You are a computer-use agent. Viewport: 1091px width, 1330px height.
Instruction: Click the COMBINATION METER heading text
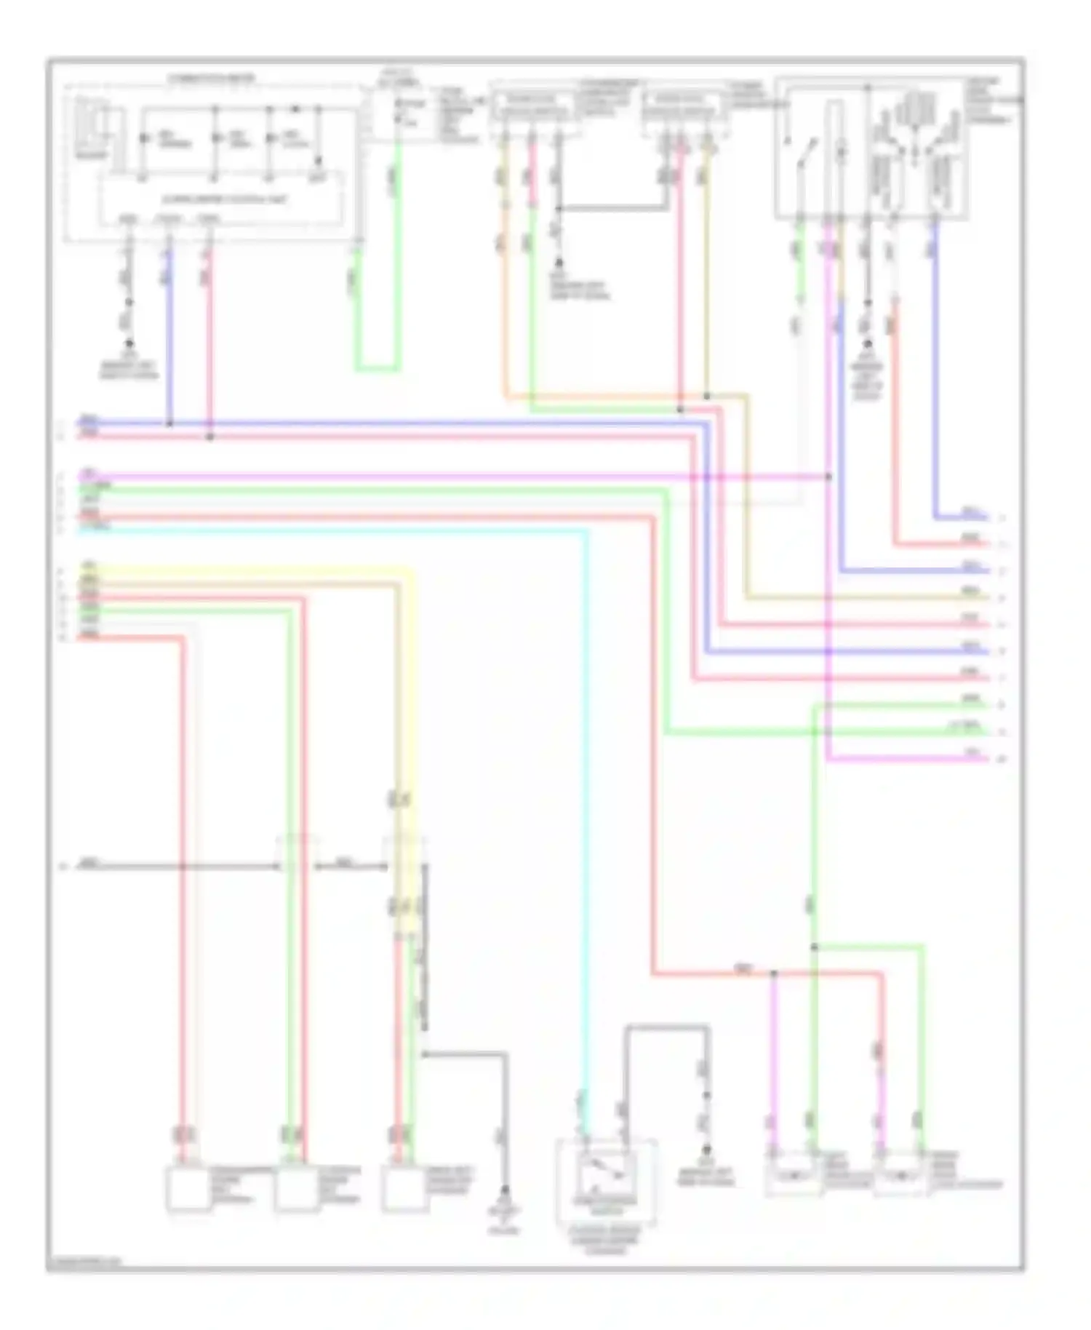211,78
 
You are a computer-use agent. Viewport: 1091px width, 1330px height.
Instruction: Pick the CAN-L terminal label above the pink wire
209,218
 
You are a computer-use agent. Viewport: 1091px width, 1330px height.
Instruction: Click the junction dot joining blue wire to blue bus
169,423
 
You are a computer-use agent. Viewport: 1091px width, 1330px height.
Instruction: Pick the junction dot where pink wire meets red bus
210,437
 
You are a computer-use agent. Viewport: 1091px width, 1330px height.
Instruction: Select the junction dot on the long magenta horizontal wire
829,477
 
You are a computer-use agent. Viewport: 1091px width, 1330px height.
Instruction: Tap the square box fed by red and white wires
188,1189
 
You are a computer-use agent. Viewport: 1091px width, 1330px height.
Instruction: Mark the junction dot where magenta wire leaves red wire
773,973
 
